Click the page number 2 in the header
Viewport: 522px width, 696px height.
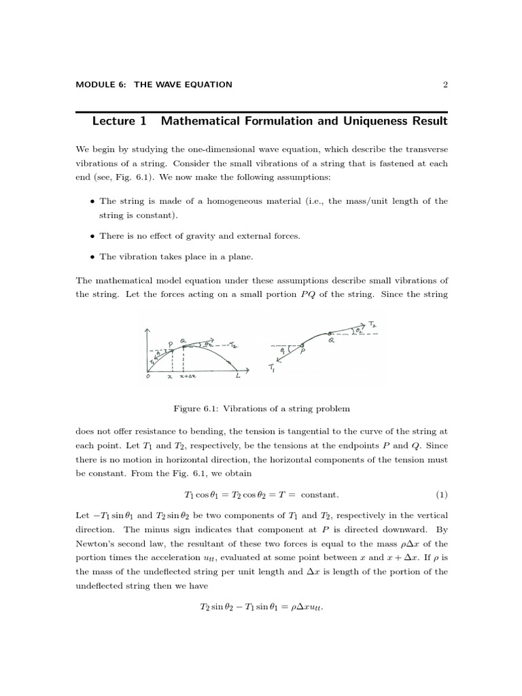(x=445, y=85)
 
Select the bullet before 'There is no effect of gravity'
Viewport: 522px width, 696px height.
(x=92, y=236)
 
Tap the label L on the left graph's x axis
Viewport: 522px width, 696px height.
(x=237, y=376)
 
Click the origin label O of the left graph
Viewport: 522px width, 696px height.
(x=147, y=376)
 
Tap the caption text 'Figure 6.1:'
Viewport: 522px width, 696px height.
(x=195, y=408)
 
